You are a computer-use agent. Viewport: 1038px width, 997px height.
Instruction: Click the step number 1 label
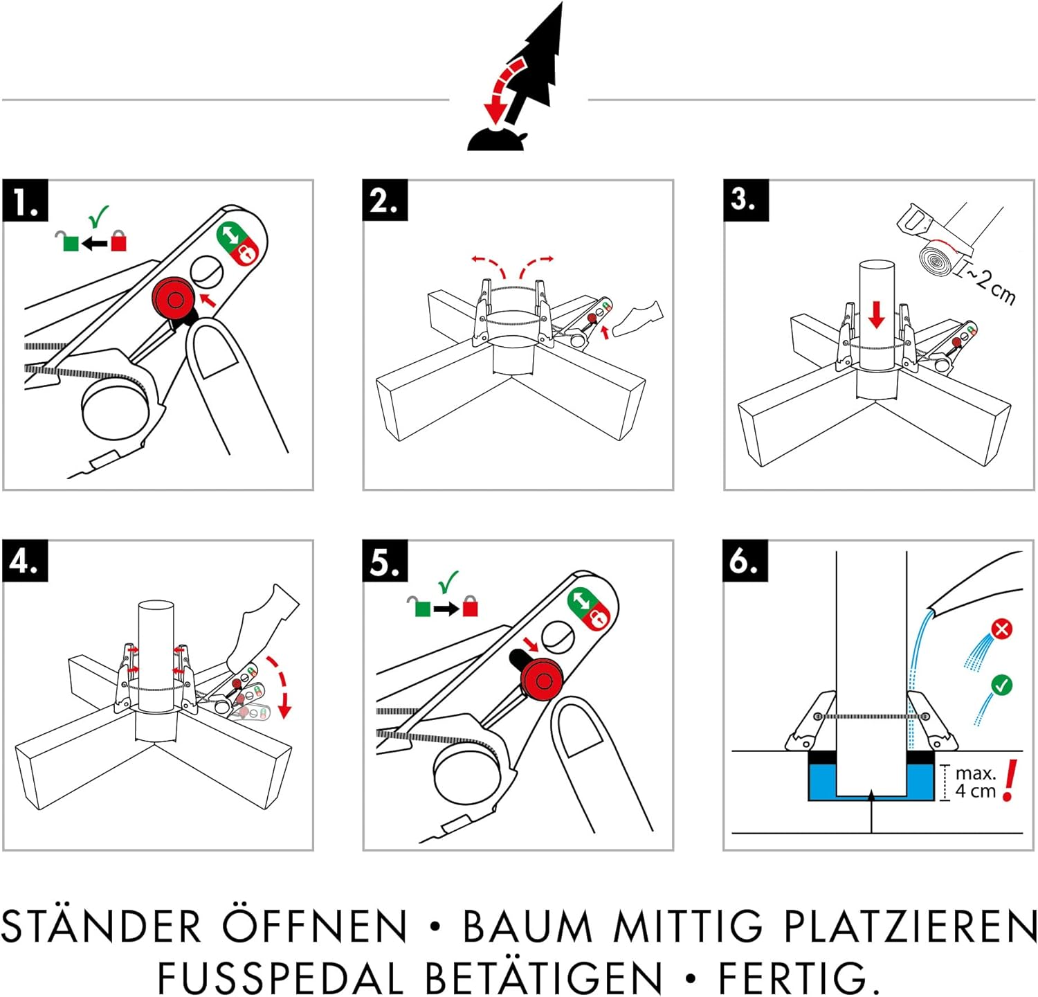26,201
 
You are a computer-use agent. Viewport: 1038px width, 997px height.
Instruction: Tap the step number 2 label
385,201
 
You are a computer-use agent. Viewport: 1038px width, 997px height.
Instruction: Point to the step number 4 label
25,561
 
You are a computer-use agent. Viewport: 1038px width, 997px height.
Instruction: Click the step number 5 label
385,562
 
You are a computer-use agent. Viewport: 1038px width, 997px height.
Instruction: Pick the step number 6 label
745,561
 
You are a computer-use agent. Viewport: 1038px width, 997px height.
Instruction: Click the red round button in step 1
174,299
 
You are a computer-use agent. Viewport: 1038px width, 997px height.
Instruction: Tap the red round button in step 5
542,681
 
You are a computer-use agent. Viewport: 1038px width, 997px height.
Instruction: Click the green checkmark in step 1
99,216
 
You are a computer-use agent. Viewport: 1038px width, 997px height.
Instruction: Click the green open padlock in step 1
69,241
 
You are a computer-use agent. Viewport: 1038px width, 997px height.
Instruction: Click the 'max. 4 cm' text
975,782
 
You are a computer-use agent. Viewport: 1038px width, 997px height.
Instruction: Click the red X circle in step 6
1001,629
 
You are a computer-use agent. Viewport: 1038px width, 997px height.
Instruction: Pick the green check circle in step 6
1001,685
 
